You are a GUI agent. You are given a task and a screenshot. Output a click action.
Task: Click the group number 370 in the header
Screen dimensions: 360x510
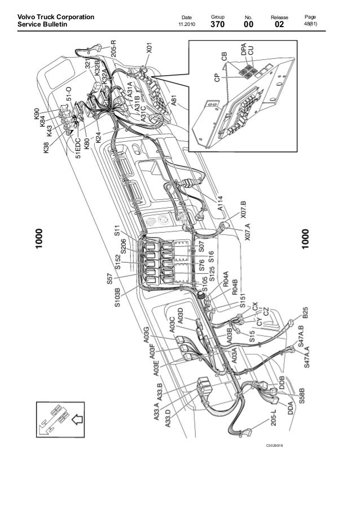click(x=217, y=25)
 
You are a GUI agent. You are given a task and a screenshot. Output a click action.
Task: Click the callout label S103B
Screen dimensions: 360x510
click(x=118, y=298)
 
